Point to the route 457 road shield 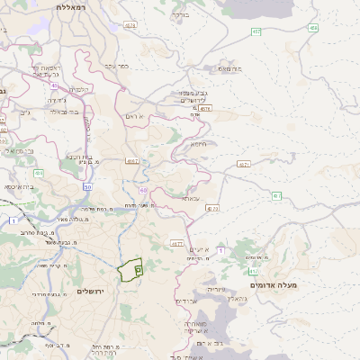256,31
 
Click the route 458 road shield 313,28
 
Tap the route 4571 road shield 244,165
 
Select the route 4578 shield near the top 130,26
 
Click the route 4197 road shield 132,161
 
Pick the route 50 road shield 88,186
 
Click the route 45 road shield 54,86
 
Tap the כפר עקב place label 118,65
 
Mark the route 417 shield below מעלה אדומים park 254,270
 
